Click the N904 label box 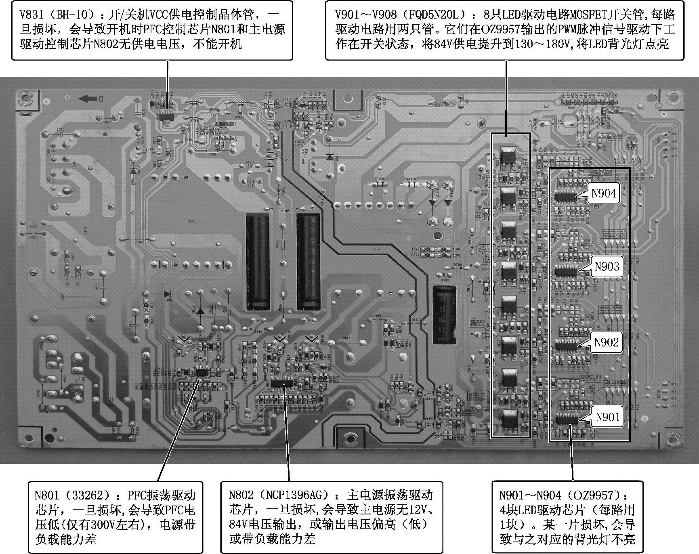click(x=603, y=193)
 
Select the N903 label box click(x=607, y=267)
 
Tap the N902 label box click(x=606, y=342)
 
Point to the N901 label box click(x=608, y=417)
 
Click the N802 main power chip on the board click(x=283, y=382)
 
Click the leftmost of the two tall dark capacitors click(x=258, y=262)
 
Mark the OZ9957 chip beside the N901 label click(x=567, y=420)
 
